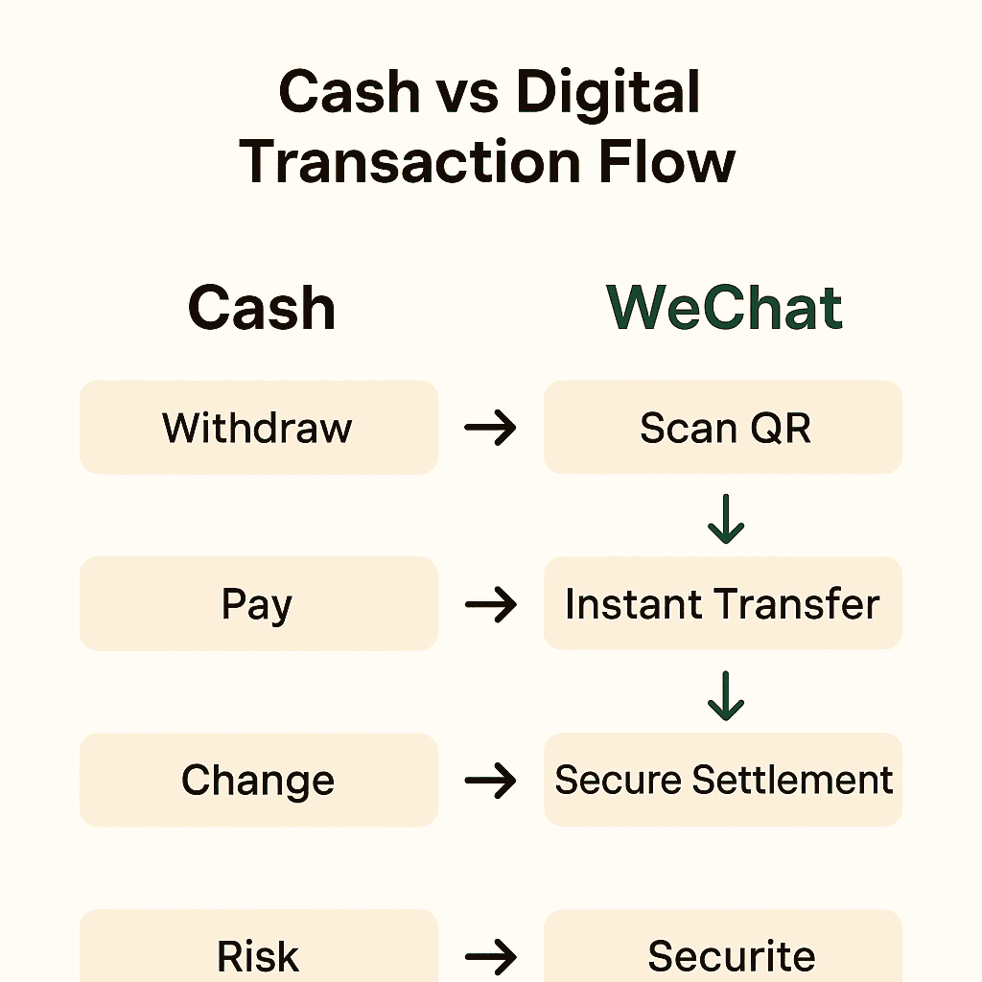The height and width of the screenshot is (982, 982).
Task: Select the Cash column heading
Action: click(262, 308)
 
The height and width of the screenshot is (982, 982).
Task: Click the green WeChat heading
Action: click(725, 308)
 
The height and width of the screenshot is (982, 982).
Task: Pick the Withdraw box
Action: click(259, 428)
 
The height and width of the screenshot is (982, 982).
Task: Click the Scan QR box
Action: click(723, 428)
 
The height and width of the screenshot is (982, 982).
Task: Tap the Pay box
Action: click(259, 604)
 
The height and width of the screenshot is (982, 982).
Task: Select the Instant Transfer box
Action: click(723, 604)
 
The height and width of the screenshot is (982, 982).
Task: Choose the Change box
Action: click(259, 781)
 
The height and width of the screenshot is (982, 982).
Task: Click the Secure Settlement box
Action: click(723, 781)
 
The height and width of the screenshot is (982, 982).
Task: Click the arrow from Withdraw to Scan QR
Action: click(490, 428)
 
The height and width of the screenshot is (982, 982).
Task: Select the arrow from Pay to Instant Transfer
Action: click(490, 604)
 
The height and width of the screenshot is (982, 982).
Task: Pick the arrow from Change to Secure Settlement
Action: click(490, 781)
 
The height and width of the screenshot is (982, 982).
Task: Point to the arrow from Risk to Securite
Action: click(490, 955)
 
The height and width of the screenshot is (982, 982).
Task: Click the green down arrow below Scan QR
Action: click(726, 519)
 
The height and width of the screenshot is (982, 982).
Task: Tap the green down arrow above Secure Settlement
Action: click(726, 695)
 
